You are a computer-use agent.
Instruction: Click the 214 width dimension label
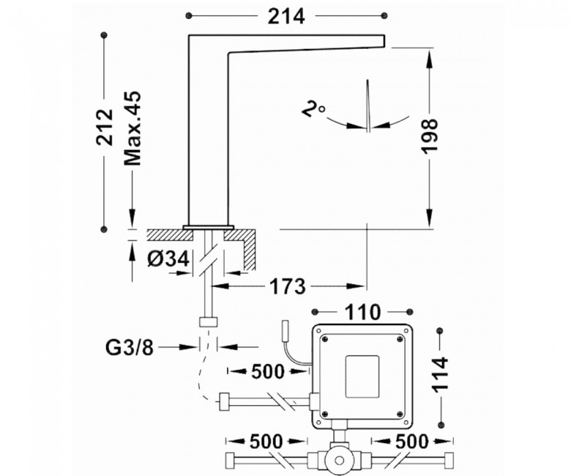pos(285,16)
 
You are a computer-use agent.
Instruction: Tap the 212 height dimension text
pos(105,127)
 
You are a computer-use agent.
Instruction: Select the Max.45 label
pos(133,129)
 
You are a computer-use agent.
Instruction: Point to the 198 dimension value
pos(430,135)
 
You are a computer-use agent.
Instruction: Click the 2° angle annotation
pos(313,109)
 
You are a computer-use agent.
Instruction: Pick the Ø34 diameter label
pos(169,259)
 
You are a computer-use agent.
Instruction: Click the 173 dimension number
pos(288,286)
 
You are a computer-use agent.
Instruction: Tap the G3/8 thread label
pos(130,348)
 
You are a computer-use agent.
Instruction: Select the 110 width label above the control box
pos(362,313)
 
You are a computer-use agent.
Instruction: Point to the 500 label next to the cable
pos(268,372)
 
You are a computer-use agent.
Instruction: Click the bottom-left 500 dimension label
pos(266,442)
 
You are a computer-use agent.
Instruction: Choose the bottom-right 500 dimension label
pos(412,442)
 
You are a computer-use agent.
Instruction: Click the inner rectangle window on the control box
pos(362,376)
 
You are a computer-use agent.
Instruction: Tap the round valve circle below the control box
pos(340,461)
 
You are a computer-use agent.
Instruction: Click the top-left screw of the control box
pos(325,339)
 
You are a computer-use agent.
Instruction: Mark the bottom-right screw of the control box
pos(400,413)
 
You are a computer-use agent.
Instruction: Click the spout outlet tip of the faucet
pos(384,41)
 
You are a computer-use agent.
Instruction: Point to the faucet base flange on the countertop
pos(209,227)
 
